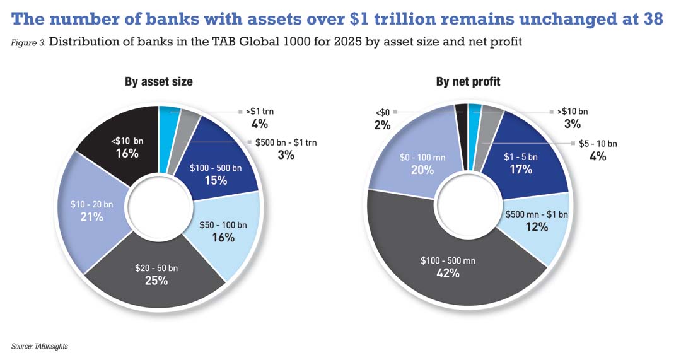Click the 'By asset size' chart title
click(x=158, y=82)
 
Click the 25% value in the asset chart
click(x=156, y=281)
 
